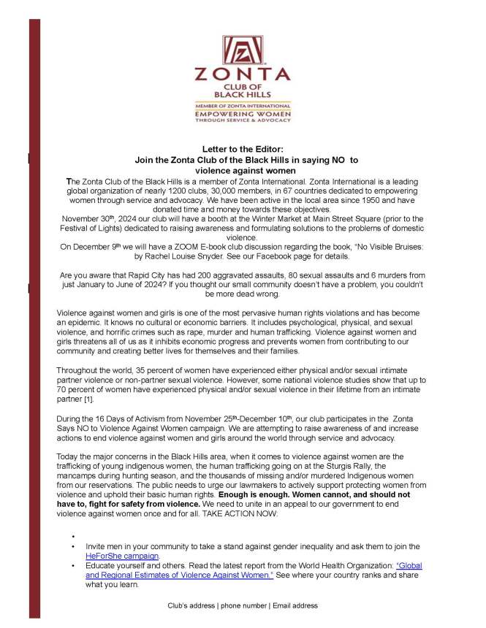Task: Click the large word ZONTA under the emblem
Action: click(x=242, y=74)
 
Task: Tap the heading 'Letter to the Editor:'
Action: click(x=242, y=149)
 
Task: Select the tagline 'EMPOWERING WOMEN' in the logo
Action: click(x=242, y=115)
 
